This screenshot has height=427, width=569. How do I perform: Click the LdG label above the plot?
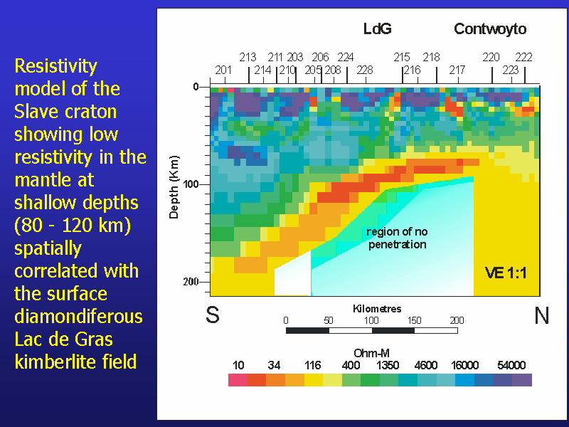[x=378, y=29]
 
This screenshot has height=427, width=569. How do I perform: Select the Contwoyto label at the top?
[x=490, y=29]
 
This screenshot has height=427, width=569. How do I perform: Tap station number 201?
[x=224, y=70]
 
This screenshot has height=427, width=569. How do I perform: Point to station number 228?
[x=365, y=70]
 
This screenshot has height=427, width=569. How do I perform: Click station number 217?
[x=457, y=70]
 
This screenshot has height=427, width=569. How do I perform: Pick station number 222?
[x=523, y=57]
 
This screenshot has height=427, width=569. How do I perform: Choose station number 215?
[x=402, y=57]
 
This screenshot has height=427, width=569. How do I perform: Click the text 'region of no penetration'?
[x=397, y=238]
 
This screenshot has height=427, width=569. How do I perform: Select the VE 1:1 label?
[x=506, y=273]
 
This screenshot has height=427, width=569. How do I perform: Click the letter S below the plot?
[x=213, y=315]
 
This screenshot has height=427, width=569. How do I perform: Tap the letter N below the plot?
[x=542, y=315]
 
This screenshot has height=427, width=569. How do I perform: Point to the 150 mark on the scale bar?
[x=415, y=320]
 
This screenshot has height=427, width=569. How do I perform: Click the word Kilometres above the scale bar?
[x=377, y=309]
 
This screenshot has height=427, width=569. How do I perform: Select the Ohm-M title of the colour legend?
[x=371, y=353]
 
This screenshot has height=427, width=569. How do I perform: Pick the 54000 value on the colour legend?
[x=511, y=365]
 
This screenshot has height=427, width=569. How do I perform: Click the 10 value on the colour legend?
[x=238, y=365]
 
